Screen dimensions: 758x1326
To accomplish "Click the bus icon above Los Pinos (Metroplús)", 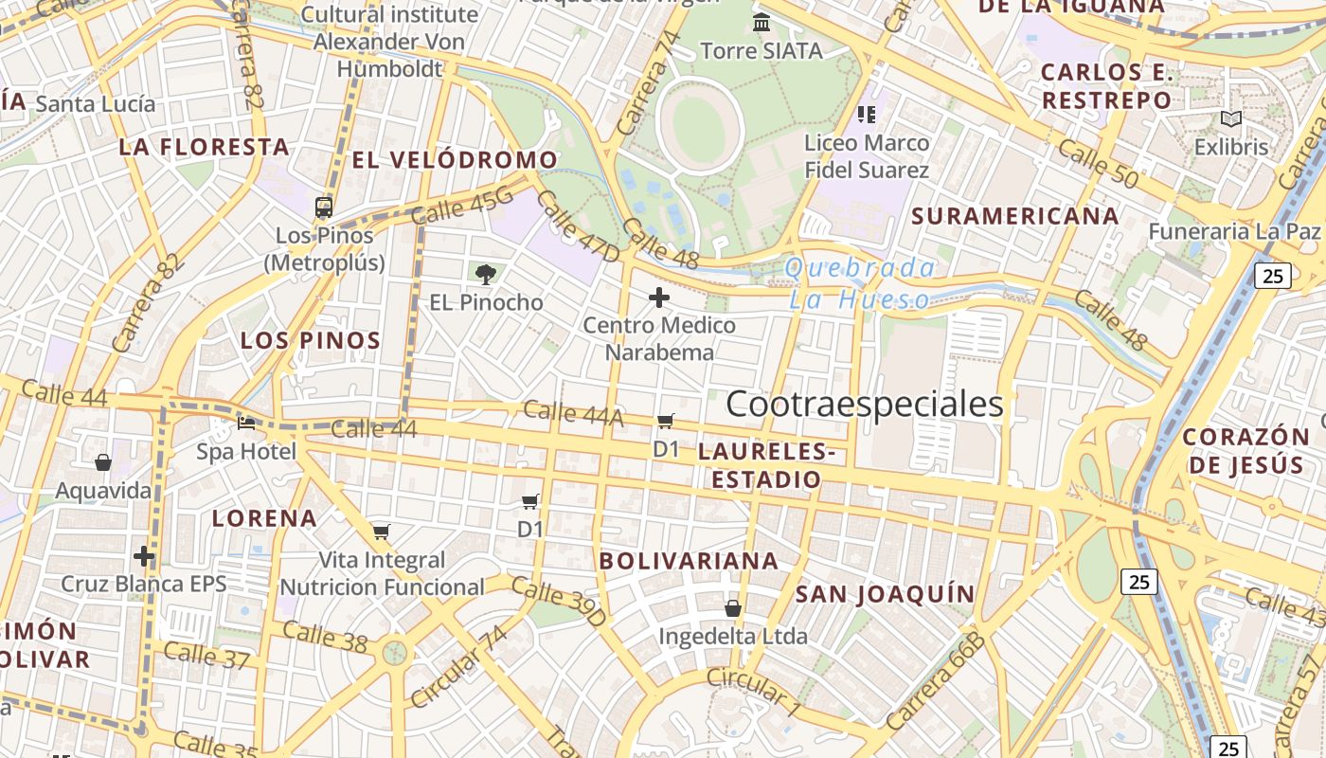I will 324,206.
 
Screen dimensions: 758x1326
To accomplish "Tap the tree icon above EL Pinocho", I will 486,275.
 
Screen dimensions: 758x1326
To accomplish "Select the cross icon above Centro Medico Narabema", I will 659,298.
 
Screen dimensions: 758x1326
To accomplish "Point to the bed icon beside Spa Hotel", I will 246,423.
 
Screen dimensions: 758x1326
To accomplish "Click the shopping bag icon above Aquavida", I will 103,462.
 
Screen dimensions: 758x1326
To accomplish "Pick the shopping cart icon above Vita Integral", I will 381,532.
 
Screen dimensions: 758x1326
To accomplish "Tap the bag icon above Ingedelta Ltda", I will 732,607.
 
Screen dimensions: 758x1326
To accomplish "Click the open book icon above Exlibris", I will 1230,119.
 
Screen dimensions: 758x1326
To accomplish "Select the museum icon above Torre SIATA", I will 761,23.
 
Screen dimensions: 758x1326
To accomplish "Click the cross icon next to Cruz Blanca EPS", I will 144,555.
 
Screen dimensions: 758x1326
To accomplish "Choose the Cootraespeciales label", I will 864,405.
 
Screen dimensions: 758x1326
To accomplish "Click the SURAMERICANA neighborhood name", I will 1015,216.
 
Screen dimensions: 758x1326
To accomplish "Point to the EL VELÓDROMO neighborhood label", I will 455,160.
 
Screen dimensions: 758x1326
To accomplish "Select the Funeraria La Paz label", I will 1234,231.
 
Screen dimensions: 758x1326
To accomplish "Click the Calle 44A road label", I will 573,413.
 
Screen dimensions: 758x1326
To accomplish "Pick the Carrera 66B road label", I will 937,680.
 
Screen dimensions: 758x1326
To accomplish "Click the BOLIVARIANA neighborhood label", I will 689,561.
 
